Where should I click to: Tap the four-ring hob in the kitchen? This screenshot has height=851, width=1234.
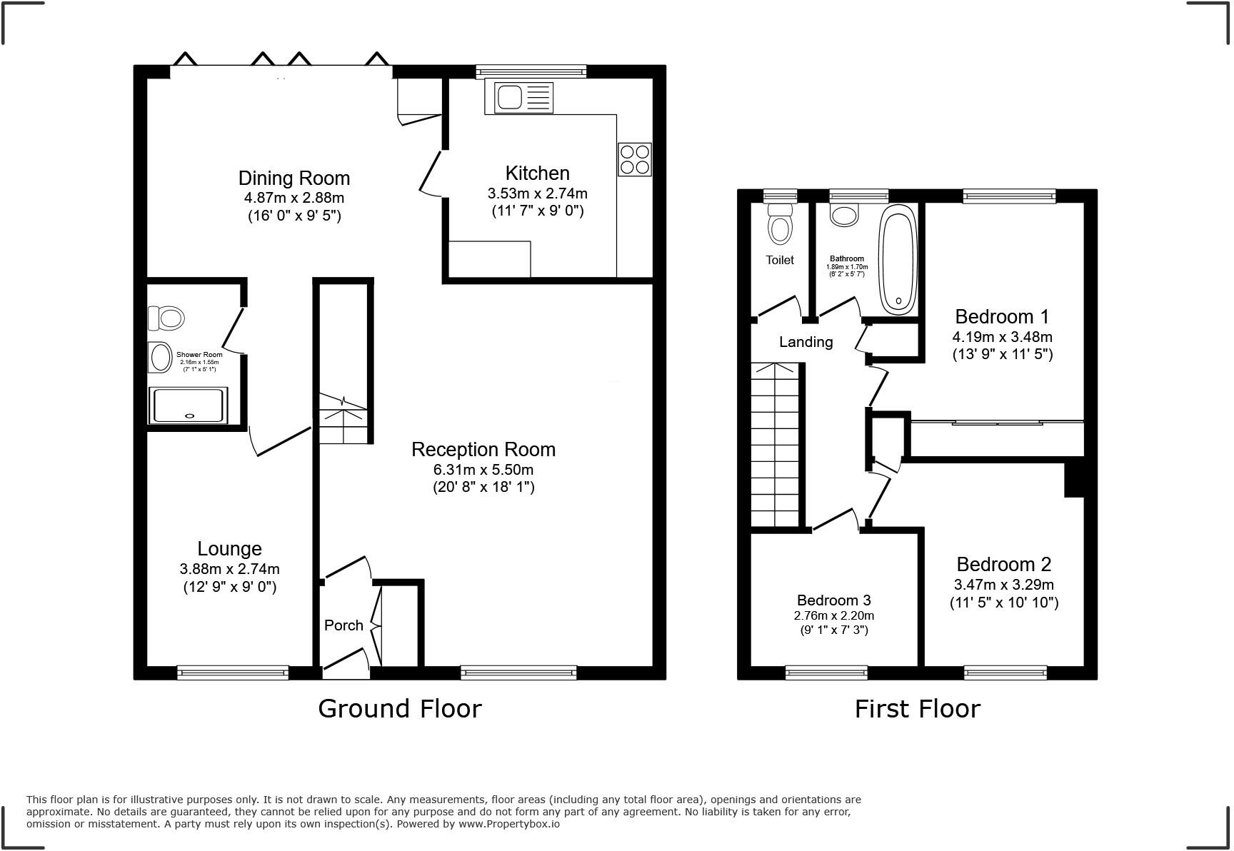634,159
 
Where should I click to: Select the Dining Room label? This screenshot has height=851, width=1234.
294,178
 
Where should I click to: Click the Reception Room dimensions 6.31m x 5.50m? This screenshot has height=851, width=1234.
483,470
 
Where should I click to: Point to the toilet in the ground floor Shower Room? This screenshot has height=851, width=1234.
166,317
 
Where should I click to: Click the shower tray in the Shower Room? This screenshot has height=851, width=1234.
188,406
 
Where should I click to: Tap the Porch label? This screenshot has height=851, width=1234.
343,625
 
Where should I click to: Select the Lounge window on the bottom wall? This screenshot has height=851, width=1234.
233,672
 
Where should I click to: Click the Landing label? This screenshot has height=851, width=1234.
806,342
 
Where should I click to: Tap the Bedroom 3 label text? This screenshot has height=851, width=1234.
833,600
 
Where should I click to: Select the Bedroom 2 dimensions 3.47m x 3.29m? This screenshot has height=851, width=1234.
1003,585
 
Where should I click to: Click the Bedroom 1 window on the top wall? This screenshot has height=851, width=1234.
1008,195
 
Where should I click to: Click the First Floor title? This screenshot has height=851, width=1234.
917,708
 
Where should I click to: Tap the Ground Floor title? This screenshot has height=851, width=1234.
399,708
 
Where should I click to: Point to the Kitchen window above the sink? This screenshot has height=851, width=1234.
531,71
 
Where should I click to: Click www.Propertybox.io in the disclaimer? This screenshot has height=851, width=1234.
508,824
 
